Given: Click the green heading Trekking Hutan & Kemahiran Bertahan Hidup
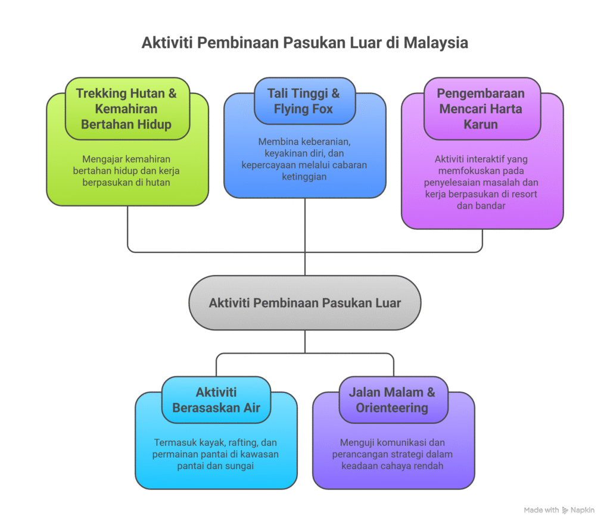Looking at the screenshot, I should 126,109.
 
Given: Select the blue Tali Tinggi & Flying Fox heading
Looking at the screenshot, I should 304,101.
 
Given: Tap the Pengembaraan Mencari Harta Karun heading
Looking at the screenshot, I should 481,109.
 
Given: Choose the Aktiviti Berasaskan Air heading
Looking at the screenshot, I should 216,400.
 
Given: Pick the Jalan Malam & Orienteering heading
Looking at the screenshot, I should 392,400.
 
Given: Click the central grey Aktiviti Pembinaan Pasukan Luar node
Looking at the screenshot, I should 305,302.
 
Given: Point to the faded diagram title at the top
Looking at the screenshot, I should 305,43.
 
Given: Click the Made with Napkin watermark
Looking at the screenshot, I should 559,511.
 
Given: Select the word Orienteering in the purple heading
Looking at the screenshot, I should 392,408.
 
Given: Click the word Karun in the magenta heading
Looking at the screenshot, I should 481,124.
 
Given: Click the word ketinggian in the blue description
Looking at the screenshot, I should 304,176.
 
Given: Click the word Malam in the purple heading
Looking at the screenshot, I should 401,392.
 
